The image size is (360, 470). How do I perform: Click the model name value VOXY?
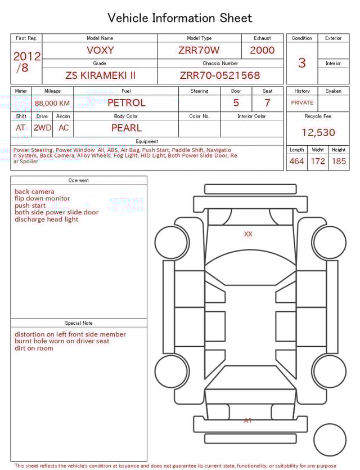click(100, 50)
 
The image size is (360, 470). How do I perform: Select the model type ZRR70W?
click(199, 50)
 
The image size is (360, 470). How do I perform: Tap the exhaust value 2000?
click(262, 50)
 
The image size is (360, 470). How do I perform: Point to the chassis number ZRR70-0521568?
click(220, 75)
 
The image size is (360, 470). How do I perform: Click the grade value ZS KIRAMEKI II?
click(100, 75)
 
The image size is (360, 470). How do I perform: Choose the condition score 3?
click(301, 62)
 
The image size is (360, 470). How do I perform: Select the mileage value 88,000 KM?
click(52, 104)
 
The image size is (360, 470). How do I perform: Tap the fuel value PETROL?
click(126, 103)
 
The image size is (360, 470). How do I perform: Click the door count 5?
click(236, 103)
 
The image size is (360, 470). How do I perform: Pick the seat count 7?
click(267, 103)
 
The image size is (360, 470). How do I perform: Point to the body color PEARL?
click(126, 128)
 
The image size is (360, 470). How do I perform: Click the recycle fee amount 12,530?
click(318, 133)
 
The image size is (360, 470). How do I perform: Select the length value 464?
click(296, 162)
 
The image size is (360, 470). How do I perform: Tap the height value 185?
click(339, 162)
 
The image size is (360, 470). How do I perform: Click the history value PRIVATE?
click(302, 103)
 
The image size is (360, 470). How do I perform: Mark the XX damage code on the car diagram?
click(248, 234)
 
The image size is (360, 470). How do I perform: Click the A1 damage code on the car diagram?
click(247, 420)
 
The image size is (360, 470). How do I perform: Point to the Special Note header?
click(79, 323)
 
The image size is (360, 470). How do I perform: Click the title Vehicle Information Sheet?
click(180, 18)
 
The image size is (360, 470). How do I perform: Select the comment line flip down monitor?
click(42, 199)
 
